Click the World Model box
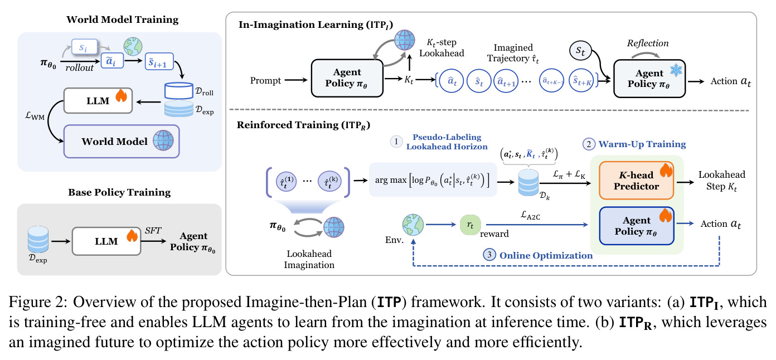click(x=122, y=141)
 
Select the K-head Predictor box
click(x=637, y=181)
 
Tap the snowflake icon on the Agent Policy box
click(x=676, y=70)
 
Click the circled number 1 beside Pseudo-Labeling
click(x=396, y=141)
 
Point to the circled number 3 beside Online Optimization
click(x=489, y=255)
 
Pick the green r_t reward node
click(x=470, y=225)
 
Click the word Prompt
click(x=265, y=81)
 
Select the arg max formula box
click(x=433, y=180)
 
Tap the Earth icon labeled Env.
click(x=413, y=225)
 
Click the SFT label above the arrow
click(x=153, y=231)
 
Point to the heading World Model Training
click(x=122, y=20)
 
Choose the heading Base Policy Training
click(x=119, y=192)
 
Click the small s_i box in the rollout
click(x=84, y=47)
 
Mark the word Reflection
click(x=647, y=43)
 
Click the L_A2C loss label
click(x=530, y=215)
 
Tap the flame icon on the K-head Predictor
click(x=666, y=171)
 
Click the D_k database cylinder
click(x=528, y=183)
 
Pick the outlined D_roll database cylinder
click(x=178, y=91)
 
